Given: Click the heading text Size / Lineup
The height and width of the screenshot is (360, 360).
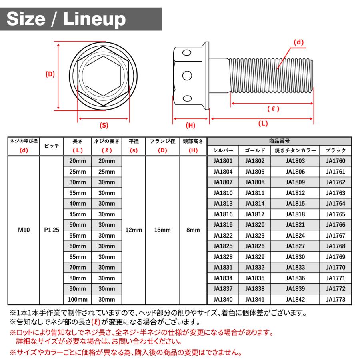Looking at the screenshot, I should (66, 19).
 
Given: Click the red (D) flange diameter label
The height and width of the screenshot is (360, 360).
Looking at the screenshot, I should (50, 74).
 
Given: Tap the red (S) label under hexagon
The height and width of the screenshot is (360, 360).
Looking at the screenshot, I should (104, 125).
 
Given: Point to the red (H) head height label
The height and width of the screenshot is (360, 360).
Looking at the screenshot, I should (190, 125).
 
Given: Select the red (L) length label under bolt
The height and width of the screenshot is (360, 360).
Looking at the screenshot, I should (262, 124).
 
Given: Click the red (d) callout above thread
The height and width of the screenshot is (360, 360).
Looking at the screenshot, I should (299, 42).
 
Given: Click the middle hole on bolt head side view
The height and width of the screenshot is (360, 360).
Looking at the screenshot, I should (187, 75).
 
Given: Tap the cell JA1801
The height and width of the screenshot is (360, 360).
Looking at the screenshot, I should (223, 161).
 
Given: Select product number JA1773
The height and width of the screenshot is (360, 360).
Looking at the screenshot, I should (335, 299).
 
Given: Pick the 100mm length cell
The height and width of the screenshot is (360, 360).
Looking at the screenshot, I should (78, 299).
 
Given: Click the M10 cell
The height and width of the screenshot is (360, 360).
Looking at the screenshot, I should (24, 230).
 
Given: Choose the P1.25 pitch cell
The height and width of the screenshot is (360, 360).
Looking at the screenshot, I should (51, 230).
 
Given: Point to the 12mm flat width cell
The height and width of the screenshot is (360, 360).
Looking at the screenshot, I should (134, 230).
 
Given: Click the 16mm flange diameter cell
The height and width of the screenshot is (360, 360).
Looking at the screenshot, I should (162, 230).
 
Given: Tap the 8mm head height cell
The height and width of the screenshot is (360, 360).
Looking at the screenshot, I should (193, 230).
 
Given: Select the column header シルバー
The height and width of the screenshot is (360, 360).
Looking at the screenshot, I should (223, 150).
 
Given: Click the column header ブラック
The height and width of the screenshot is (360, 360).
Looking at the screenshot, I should (335, 150).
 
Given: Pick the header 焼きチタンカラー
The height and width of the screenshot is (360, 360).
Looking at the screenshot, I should (295, 150).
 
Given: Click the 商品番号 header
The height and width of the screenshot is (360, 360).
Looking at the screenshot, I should (279, 141).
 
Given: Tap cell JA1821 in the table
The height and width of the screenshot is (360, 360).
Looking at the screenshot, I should (295, 225).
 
